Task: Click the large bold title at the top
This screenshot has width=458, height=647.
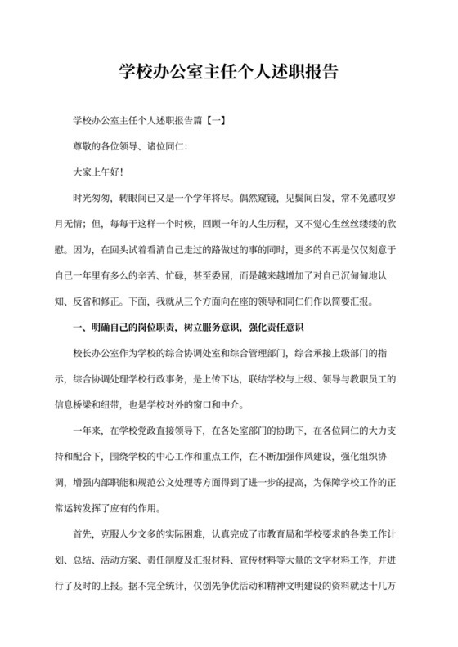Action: point(228,72)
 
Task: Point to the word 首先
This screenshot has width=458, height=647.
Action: point(83,534)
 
